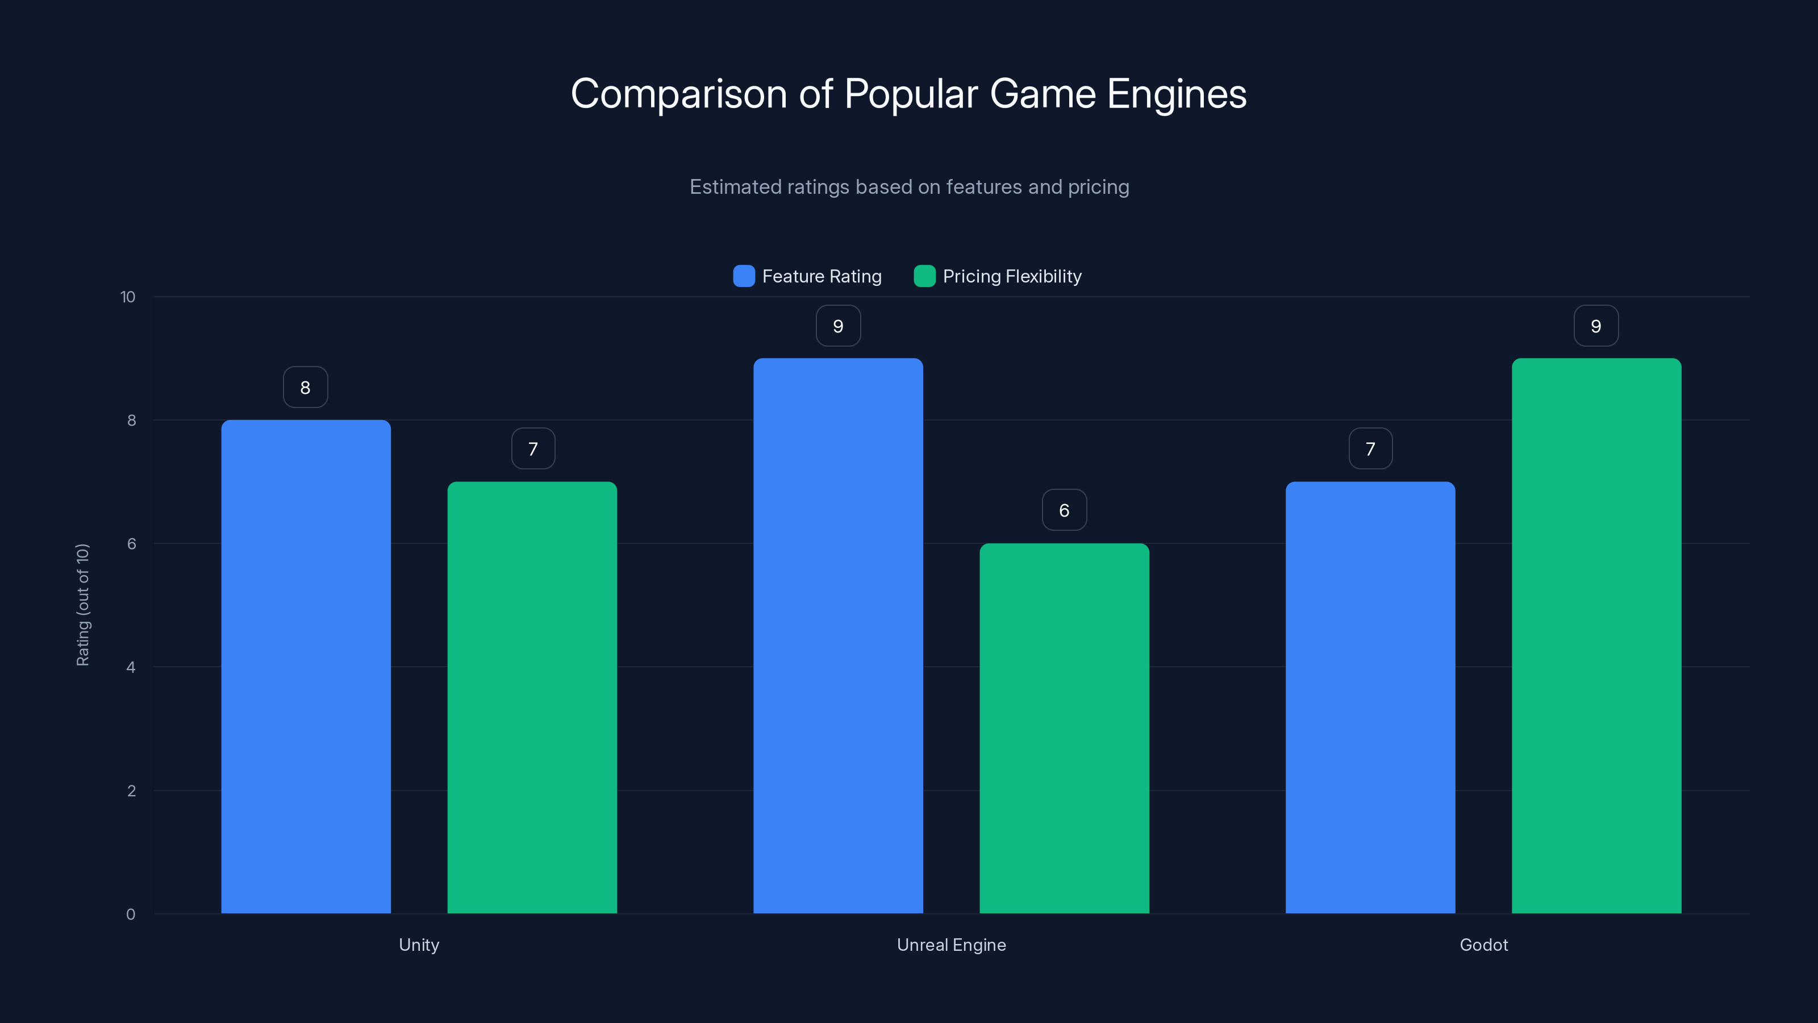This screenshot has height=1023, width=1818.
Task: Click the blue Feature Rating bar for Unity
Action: point(306,667)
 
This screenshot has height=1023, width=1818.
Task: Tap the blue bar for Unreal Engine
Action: point(838,635)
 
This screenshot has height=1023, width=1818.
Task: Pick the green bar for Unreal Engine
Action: point(1064,728)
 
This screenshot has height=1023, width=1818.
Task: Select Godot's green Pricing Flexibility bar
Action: point(1596,635)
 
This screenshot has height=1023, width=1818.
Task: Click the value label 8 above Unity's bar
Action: point(306,387)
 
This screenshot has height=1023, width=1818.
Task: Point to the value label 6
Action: point(1064,510)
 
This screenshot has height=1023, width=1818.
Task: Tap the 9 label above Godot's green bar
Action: point(1596,326)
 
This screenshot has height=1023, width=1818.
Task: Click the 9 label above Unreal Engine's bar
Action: point(838,326)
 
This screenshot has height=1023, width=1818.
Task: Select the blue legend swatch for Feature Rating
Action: point(744,276)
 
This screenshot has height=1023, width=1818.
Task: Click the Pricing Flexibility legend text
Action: point(1011,276)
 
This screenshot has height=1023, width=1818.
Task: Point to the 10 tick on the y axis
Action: point(128,297)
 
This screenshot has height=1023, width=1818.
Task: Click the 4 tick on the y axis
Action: point(131,667)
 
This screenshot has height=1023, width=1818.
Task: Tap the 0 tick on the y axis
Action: point(131,914)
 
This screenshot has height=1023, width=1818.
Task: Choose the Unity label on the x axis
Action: point(419,945)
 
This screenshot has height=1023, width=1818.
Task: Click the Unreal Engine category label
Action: point(952,945)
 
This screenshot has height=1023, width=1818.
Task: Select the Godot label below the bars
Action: point(1483,945)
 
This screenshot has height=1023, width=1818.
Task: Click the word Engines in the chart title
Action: point(1177,94)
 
